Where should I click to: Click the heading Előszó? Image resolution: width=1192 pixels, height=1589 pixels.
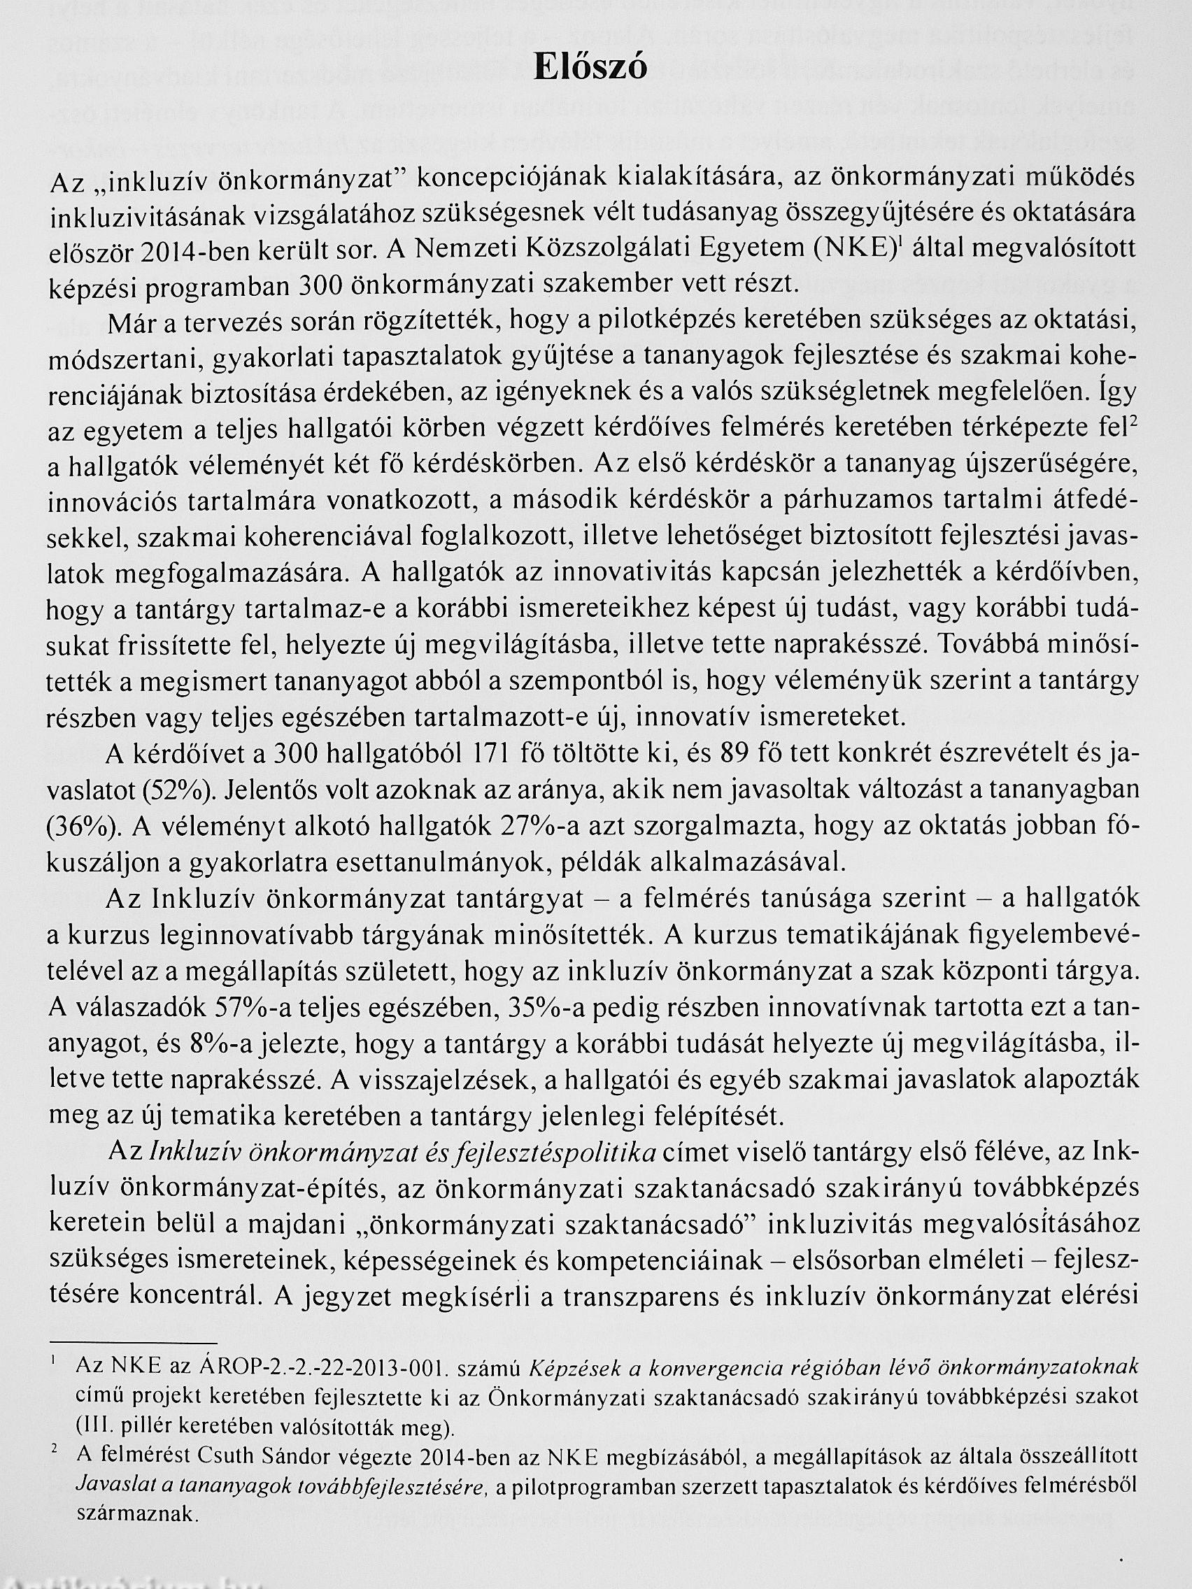tap(591, 67)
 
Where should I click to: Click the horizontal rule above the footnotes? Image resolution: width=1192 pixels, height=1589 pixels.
tap(133, 1342)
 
